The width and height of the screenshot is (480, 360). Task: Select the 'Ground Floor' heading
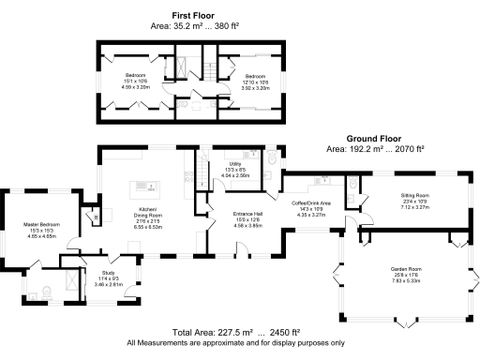pos(374,138)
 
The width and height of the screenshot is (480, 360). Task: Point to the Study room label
pos(108,273)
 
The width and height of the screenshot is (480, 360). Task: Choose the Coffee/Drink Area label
pos(310,202)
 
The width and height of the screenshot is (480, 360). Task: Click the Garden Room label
pos(407,268)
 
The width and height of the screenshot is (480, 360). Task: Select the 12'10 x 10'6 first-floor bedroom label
pos(256,76)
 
